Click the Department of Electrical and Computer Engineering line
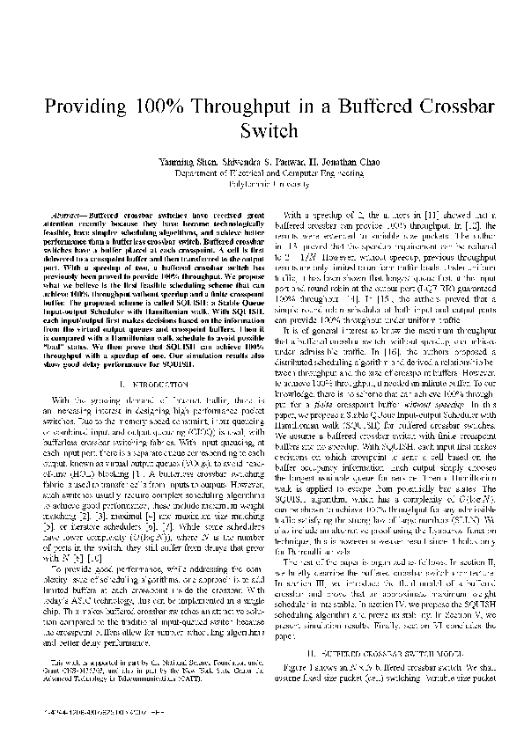click(262, 174)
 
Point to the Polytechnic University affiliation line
click(262, 185)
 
